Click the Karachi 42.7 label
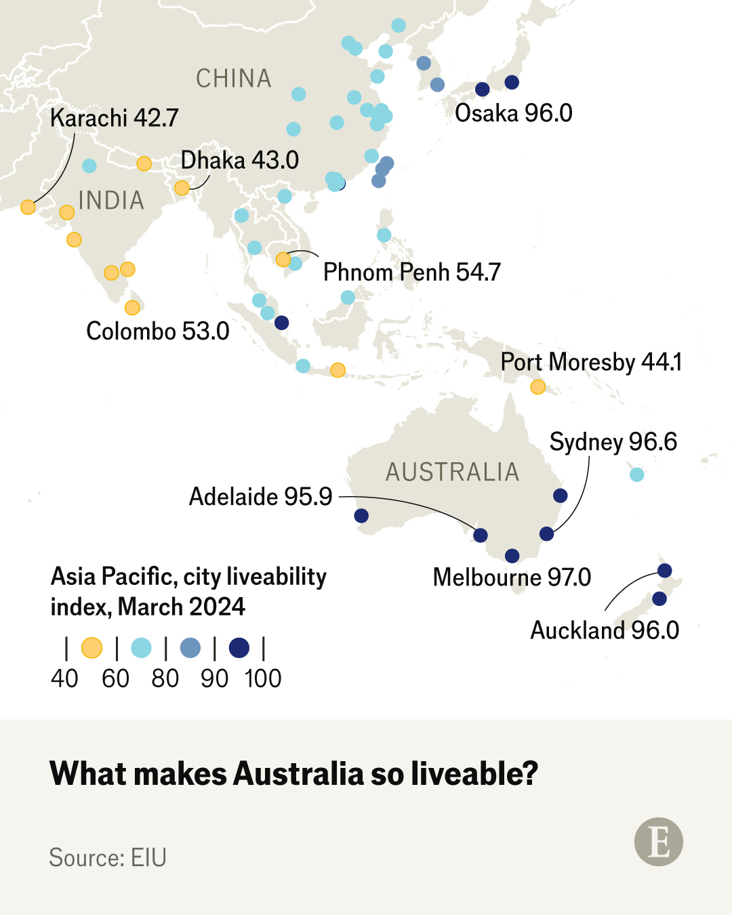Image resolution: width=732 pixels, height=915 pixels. pyautogui.click(x=114, y=118)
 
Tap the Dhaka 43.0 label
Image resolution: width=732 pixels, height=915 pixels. pyautogui.click(x=239, y=161)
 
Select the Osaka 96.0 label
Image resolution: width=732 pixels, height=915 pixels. pyautogui.click(x=513, y=113)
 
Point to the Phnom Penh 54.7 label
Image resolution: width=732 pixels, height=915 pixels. pyautogui.click(x=411, y=272)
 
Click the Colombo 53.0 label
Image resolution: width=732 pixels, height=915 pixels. pyautogui.click(x=157, y=331)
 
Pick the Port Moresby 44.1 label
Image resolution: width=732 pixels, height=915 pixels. pyautogui.click(x=590, y=363)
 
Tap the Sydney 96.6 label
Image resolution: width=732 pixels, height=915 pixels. pyautogui.click(x=613, y=442)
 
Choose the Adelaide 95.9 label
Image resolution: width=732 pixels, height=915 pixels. pyautogui.click(x=260, y=497)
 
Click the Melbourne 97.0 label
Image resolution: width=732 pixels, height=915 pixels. pyautogui.click(x=512, y=577)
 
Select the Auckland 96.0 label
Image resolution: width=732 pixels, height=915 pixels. pyautogui.click(x=604, y=630)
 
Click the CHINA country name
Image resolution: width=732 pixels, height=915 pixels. pyautogui.click(x=233, y=79)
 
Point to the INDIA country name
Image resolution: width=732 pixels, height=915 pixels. pyautogui.click(x=111, y=201)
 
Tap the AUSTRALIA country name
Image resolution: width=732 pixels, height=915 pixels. pyautogui.click(x=452, y=472)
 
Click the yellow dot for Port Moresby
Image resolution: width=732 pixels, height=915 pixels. pyautogui.click(x=537, y=387)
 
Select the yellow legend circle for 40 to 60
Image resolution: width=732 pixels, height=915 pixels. pyautogui.click(x=91, y=648)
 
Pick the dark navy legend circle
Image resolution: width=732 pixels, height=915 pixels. pyautogui.click(x=239, y=648)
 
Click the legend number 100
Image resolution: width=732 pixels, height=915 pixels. pyautogui.click(x=263, y=678)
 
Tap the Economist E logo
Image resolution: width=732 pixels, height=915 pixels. pyautogui.click(x=658, y=842)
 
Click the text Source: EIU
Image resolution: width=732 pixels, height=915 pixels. pyautogui.click(x=108, y=857)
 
